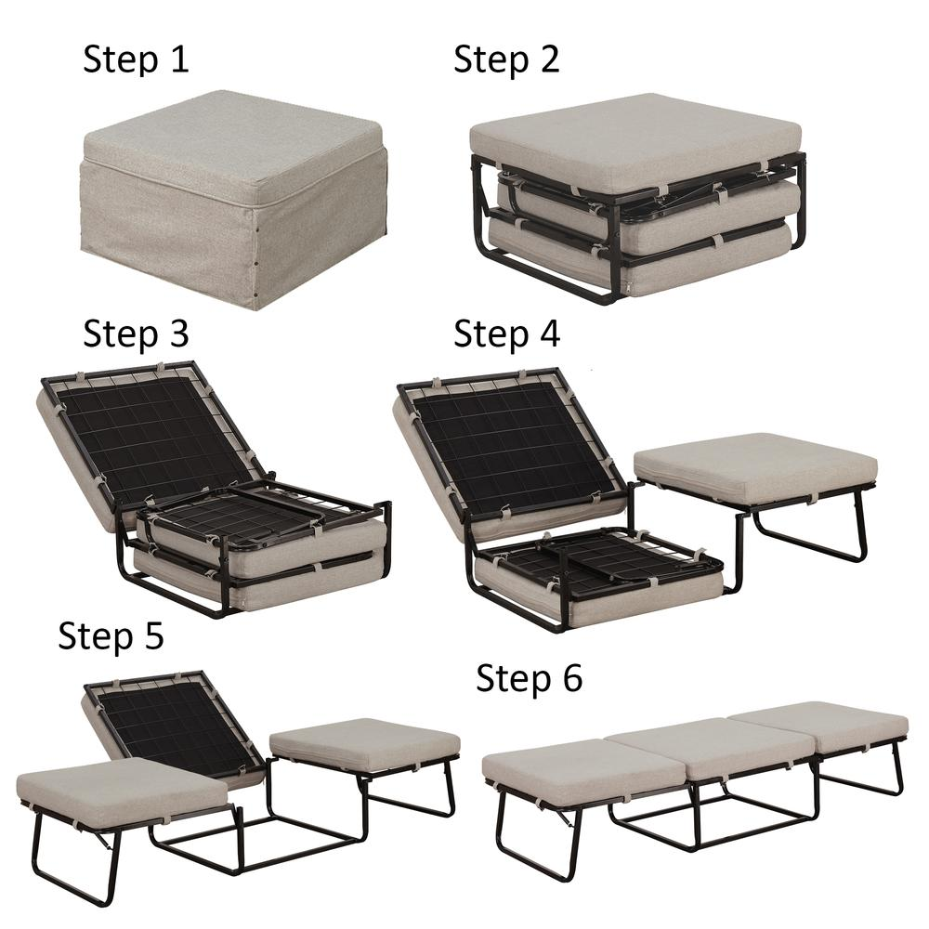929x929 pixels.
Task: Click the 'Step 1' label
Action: [x=136, y=59]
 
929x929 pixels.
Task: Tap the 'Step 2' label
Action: [x=506, y=59]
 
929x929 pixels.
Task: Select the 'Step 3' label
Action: [x=136, y=333]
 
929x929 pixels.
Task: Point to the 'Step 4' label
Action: [x=506, y=333]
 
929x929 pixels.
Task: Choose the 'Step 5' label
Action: [x=111, y=635]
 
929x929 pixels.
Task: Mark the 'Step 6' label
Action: [x=530, y=678]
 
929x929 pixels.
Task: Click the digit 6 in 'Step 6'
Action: [x=572, y=677]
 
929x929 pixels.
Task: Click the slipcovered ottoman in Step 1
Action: [x=233, y=199]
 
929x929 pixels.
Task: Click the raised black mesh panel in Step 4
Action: [x=513, y=440]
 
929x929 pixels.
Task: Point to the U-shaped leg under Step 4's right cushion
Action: [x=809, y=532]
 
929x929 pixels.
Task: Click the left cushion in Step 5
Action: [x=122, y=788]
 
